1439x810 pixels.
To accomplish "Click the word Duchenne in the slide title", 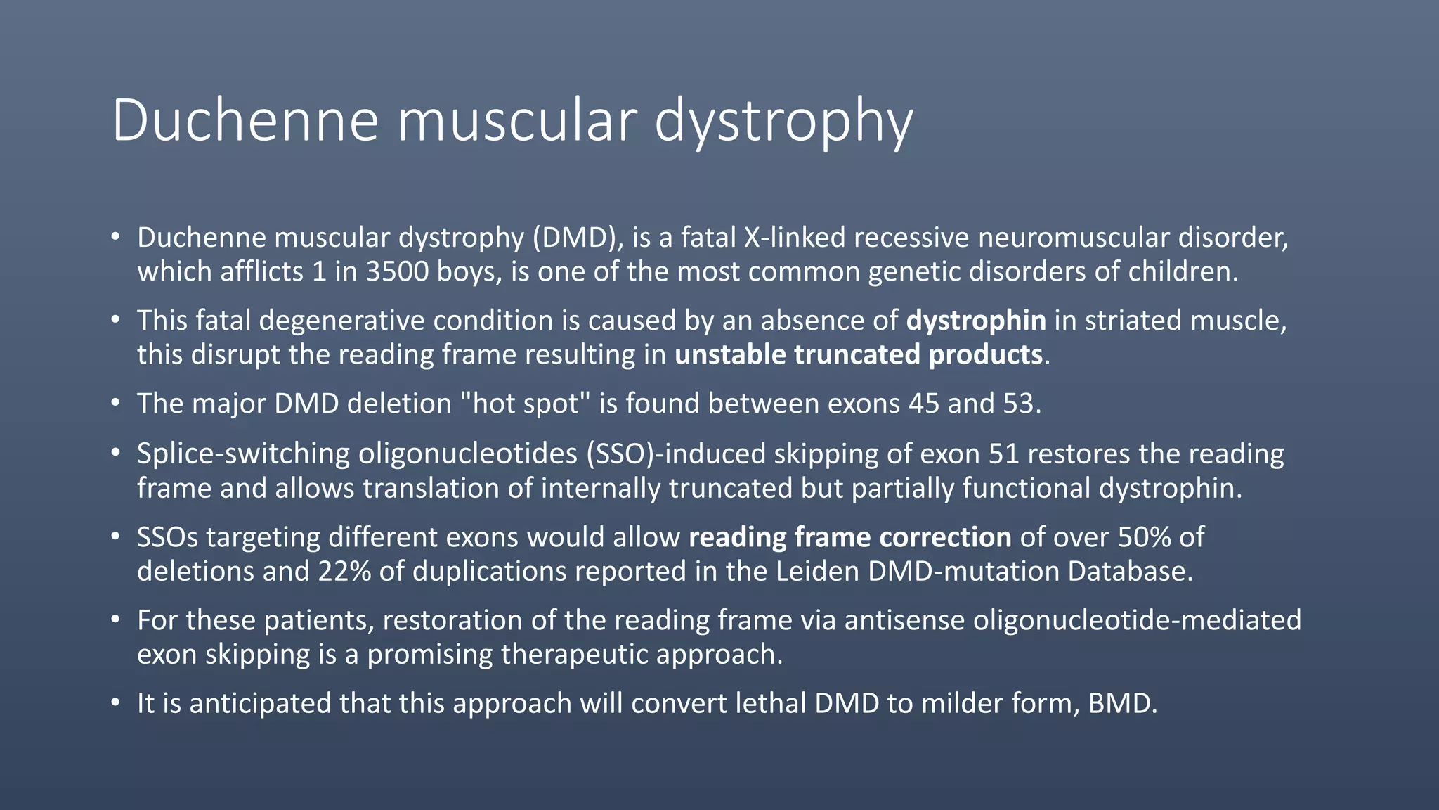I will tap(245, 120).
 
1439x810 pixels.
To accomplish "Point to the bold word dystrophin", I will tap(976, 321).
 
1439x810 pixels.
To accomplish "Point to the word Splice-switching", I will tap(243, 454).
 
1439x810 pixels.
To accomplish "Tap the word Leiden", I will tap(818, 571).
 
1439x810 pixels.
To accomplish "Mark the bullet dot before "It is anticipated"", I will tap(115, 703).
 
